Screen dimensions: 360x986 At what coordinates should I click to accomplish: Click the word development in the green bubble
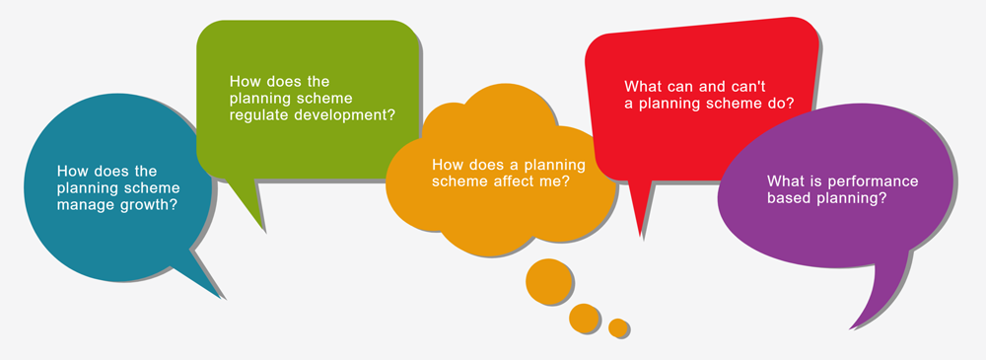[346, 114]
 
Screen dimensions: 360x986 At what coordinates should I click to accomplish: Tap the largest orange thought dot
[547, 280]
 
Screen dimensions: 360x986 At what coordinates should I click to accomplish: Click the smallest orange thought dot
[618, 327]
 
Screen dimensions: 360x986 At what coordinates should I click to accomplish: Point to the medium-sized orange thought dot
[584, 318]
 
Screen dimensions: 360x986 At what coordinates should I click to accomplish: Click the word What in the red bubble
[642, 85]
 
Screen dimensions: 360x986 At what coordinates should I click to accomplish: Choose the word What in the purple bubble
[785, 181]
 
